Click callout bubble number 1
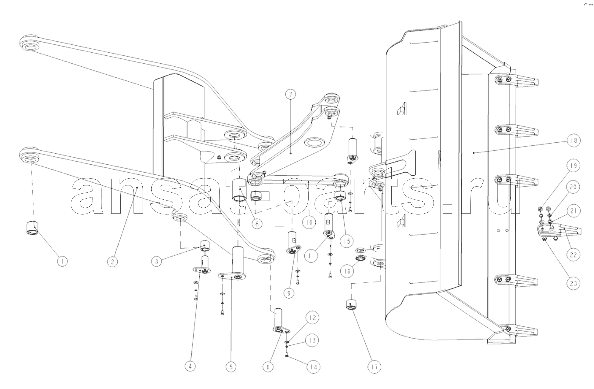coord(63,261)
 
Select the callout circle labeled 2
coord(112,261)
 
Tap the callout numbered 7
coord(290,95)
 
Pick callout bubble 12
coord(313,318)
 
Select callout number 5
coord(231,367)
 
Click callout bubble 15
coord(347,241)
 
